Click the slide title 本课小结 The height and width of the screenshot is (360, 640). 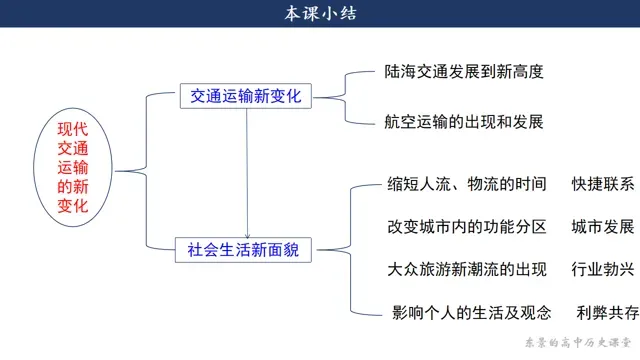coord(320,13)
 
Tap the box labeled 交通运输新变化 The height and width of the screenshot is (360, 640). coord(246,96)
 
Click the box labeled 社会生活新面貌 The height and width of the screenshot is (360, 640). coord(243,250)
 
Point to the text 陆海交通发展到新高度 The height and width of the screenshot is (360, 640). coord(464,72)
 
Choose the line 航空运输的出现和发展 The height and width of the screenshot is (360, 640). coord(464,122)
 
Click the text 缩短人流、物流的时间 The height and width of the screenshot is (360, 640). coord(467,184)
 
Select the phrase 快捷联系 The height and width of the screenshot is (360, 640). coord(603,184)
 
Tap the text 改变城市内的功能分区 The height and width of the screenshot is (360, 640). coord(467,227)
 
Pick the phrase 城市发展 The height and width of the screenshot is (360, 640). coord(603,227)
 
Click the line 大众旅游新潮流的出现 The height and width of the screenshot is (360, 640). coord(467,269)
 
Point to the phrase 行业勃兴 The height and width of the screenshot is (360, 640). coord(603,269)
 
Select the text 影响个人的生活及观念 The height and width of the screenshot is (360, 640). coord(471,313)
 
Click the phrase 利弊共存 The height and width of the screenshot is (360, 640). coord(608,313)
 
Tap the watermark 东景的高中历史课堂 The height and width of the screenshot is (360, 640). coord(578,342)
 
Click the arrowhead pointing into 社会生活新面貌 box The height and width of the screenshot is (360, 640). coord(247,236)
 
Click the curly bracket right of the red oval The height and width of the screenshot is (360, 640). coord(146,171)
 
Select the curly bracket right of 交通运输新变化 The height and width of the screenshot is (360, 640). coord(345,98)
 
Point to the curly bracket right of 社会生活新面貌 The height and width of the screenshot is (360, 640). coord(351,250)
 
